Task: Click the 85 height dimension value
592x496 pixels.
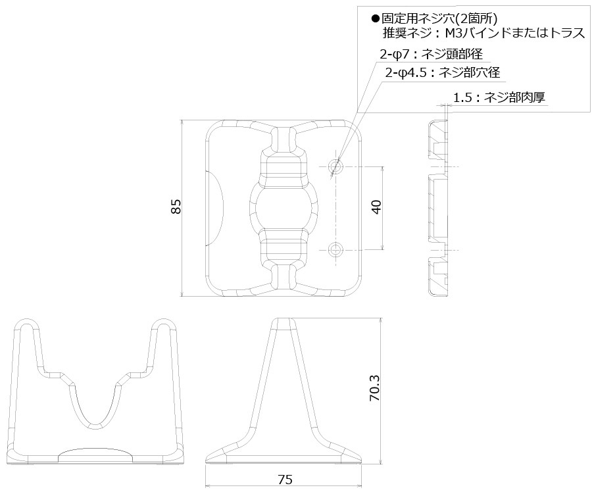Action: [176, 207]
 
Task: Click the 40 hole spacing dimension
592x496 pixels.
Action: [376, 207]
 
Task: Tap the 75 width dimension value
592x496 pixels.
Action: [284, 480]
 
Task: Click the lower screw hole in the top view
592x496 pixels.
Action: [337, 249]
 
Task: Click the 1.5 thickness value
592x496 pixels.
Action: [463, 98]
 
